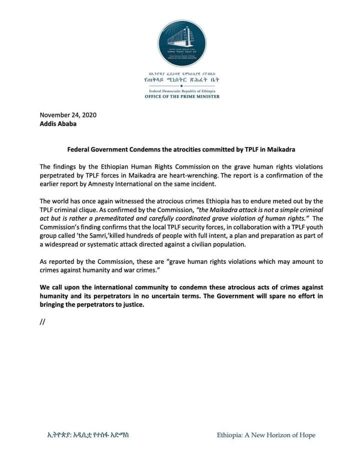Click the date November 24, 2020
67,114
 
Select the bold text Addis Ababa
58,123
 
